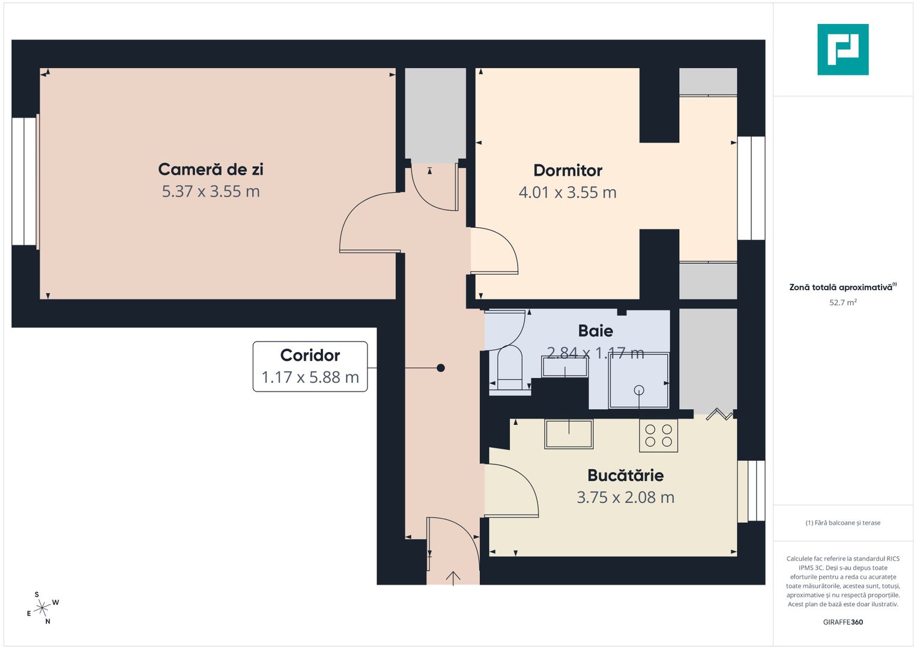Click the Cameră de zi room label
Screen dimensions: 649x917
pos(211,169)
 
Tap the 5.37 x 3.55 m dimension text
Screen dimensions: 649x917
pos(211,192)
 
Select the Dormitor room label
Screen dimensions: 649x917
pos(567,171)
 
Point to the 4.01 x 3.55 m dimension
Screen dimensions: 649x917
pos(567,193)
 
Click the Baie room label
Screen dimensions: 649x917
pos(595,331)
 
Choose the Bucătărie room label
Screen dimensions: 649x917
pos(625,475)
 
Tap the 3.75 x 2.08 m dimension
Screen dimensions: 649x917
pos(625,498)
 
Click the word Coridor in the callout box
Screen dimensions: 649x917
pos(310,355)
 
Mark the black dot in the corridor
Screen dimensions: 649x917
pos(441,368)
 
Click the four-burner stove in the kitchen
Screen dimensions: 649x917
pos(658,436)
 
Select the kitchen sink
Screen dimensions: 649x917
pos(569,434)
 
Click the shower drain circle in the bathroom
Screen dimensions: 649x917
pos(639,390)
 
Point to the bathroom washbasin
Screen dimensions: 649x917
pos(564,367)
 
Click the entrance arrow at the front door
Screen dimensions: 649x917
pos(453,577)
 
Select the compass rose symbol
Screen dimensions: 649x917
pos(41,608)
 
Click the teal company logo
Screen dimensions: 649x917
pos(843,49)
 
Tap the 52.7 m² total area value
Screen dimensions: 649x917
pos(843,302)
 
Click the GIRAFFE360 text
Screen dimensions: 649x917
pos(843,622)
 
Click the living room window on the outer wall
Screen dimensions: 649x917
pos(25,181)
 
